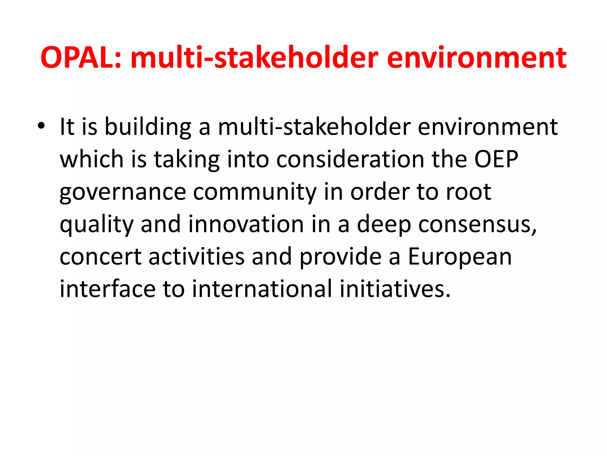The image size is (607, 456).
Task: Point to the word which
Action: click(x=92, y=159)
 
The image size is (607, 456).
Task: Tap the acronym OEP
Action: click(x=496, y=159)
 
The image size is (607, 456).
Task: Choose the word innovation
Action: click(x=246, y=224)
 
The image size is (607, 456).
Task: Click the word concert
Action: click(x=100, y=257)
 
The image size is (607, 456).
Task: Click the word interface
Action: click(x=108, y=289)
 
